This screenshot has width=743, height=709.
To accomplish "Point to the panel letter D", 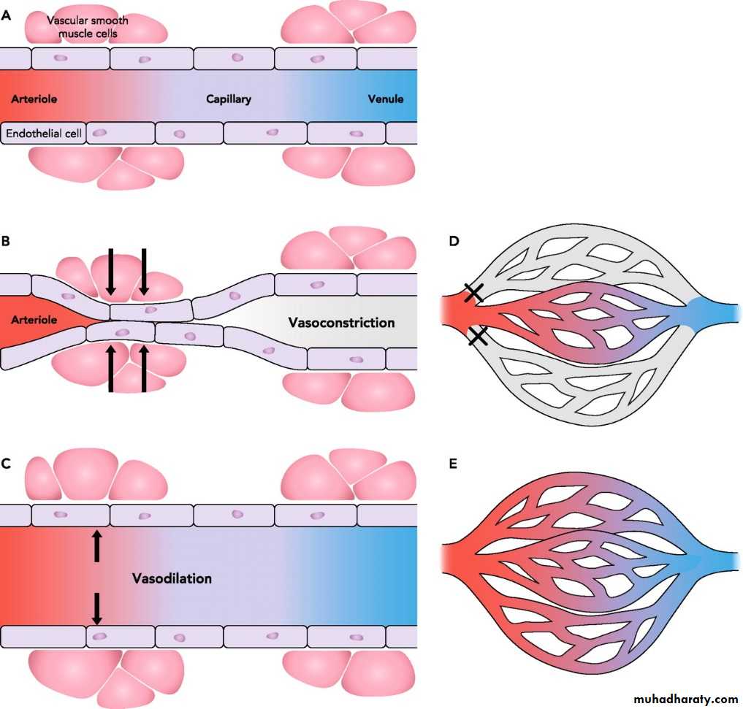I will coord(454,239).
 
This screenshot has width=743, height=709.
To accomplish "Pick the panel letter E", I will coord(454,463).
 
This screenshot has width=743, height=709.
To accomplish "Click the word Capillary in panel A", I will coord(228,99).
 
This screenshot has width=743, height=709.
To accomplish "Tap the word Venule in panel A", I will coord(385,99).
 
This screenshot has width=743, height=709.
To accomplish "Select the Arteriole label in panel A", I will coord(34,99).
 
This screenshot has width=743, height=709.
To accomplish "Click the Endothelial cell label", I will coord(44,134).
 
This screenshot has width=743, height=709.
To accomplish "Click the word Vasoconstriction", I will coord(341,322).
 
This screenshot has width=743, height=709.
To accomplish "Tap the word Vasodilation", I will coord(172,578).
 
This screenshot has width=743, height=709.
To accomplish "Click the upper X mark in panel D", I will coord(473,293).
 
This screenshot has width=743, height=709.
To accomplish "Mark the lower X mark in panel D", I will coord(479,336).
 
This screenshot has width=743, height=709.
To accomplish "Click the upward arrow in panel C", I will coord(96,545).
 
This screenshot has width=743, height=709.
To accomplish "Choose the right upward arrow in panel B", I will coord(144,369).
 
